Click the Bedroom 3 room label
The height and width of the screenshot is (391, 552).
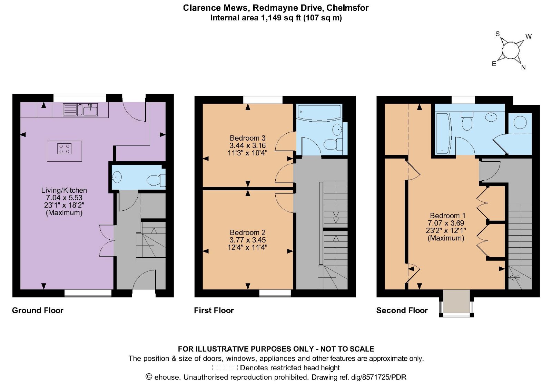point(247,138)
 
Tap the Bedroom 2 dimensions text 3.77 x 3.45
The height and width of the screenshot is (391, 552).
point(247,240)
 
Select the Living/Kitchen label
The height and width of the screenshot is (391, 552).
point(64,190)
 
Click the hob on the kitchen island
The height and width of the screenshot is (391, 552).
point(65,149)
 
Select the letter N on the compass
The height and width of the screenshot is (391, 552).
point(523,67)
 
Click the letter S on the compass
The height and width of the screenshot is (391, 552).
point(497,34)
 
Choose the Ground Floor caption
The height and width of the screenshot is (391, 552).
point(38,310)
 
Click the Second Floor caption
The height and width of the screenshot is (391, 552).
point(402,310)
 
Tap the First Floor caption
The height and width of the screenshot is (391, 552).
point(214,310)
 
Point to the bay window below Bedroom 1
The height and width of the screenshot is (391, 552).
point(456,303)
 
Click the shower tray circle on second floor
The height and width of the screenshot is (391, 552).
point(520,123)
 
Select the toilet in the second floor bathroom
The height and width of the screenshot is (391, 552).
point(467,121)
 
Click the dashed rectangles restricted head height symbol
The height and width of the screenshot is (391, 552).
point(225,368)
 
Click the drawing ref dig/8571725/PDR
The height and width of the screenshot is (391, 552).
point(378,377)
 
